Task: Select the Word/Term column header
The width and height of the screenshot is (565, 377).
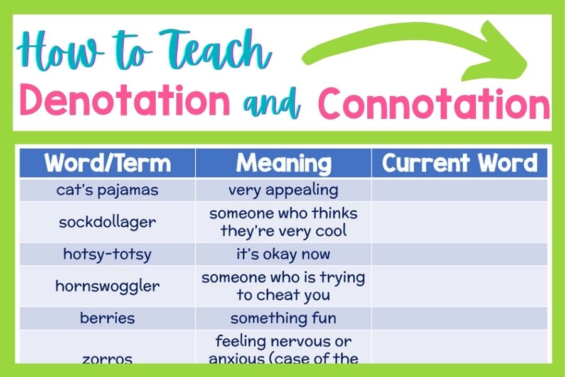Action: [107, 163]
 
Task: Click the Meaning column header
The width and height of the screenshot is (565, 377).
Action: [283, 163]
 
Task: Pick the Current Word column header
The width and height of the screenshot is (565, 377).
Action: [460, 163]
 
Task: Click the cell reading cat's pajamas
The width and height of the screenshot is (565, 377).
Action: [107, 190]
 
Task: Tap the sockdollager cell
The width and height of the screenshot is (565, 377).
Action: [107, 222]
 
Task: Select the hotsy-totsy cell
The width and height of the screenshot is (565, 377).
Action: [107, 254]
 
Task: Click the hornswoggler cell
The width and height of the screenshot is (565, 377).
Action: [107, 286]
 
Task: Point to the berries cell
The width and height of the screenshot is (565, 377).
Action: [107, 318]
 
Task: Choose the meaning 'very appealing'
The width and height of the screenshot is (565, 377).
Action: [283, 190]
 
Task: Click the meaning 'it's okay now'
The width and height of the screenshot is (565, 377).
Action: [283, 254]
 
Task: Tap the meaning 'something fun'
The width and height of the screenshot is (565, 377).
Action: [283, 318]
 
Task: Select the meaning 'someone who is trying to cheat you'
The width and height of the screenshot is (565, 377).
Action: [283, 286]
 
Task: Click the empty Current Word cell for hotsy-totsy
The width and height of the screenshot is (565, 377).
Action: [460, 254]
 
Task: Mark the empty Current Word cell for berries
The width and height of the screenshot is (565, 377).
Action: [460, 318]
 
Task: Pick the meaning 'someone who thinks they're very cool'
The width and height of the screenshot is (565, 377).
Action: [283, 222]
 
